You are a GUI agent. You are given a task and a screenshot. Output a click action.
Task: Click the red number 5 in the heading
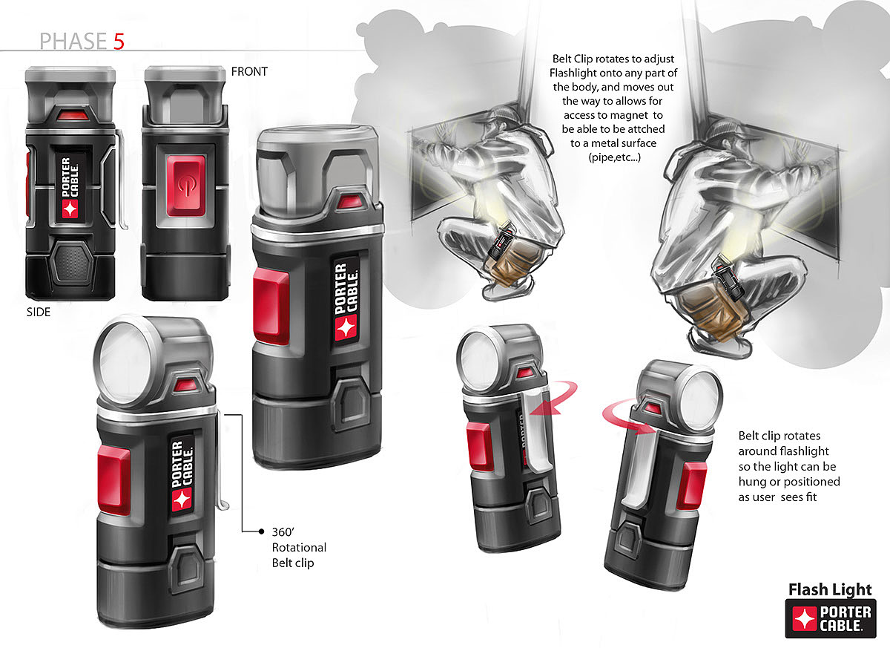119,42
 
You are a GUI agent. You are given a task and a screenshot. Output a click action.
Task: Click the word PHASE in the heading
73,42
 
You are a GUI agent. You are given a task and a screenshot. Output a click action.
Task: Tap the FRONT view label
249,71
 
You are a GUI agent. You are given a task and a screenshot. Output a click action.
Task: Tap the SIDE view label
39,312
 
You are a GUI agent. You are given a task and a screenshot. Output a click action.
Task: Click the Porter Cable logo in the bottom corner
831,618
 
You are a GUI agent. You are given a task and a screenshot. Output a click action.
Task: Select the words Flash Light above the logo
830,589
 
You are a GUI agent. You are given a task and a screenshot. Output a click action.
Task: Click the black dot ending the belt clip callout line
261,531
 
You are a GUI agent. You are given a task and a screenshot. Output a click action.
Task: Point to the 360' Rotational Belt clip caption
299,547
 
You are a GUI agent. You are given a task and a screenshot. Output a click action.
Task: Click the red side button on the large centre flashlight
271,306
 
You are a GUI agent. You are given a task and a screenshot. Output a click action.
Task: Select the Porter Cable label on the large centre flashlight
346,301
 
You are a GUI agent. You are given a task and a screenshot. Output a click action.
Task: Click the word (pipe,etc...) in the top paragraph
614,157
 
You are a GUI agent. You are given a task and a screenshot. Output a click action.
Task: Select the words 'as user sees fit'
777,497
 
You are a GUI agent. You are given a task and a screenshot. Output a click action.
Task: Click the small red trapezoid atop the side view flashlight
73,116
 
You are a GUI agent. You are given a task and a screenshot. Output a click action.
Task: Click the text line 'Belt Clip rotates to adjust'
613,59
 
